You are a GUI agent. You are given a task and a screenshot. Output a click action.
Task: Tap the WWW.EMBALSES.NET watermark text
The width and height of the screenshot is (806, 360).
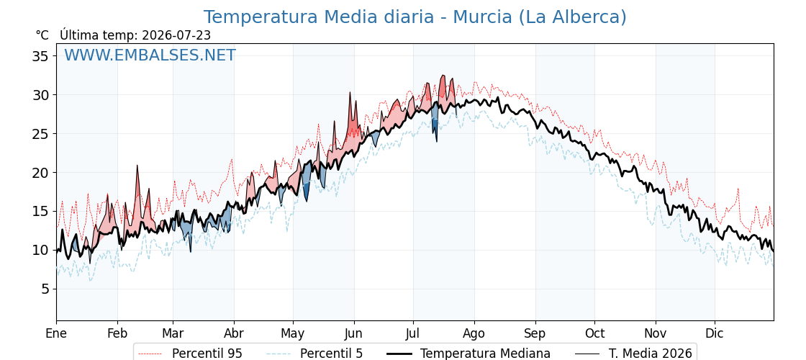coord(150,55)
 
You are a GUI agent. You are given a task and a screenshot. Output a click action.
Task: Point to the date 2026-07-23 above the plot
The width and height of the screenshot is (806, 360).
coord(176,35)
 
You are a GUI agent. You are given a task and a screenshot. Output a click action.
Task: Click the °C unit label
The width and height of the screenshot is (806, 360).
coord(42,35)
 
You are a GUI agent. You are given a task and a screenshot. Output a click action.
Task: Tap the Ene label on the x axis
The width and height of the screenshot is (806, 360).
coord(56,333)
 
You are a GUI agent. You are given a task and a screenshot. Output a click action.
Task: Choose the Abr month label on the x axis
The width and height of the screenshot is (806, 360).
coord(234,333)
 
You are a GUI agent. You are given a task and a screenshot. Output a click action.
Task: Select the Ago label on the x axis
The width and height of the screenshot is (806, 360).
coord(474,334)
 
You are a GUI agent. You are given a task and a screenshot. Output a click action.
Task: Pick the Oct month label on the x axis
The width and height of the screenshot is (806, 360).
coord(594,333)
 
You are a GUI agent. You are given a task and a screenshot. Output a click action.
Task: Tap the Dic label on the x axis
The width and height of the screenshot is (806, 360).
coord(715,333)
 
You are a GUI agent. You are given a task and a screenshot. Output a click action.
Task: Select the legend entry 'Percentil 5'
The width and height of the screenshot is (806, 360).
coord(315,354)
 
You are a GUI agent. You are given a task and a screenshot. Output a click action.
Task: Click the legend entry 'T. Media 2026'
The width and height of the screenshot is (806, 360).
coord(633,354)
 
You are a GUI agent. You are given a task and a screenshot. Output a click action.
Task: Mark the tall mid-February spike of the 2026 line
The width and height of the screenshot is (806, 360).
coord(137,166)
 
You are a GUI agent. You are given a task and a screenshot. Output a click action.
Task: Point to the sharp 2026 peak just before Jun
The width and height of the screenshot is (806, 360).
coord(350,93)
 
